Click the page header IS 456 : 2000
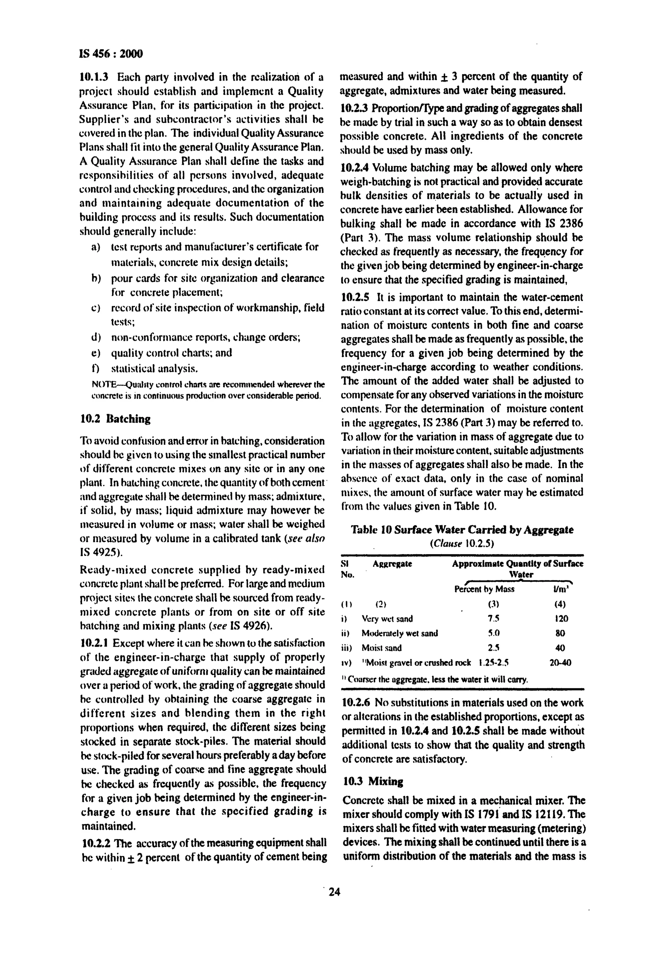click(111, 54)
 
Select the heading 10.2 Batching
click(115, 419)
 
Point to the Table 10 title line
click(462, 530)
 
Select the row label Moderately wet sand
click(400, 633)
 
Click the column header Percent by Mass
click(484, 589)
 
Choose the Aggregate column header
click(392, 564)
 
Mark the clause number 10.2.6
click(356, 703)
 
